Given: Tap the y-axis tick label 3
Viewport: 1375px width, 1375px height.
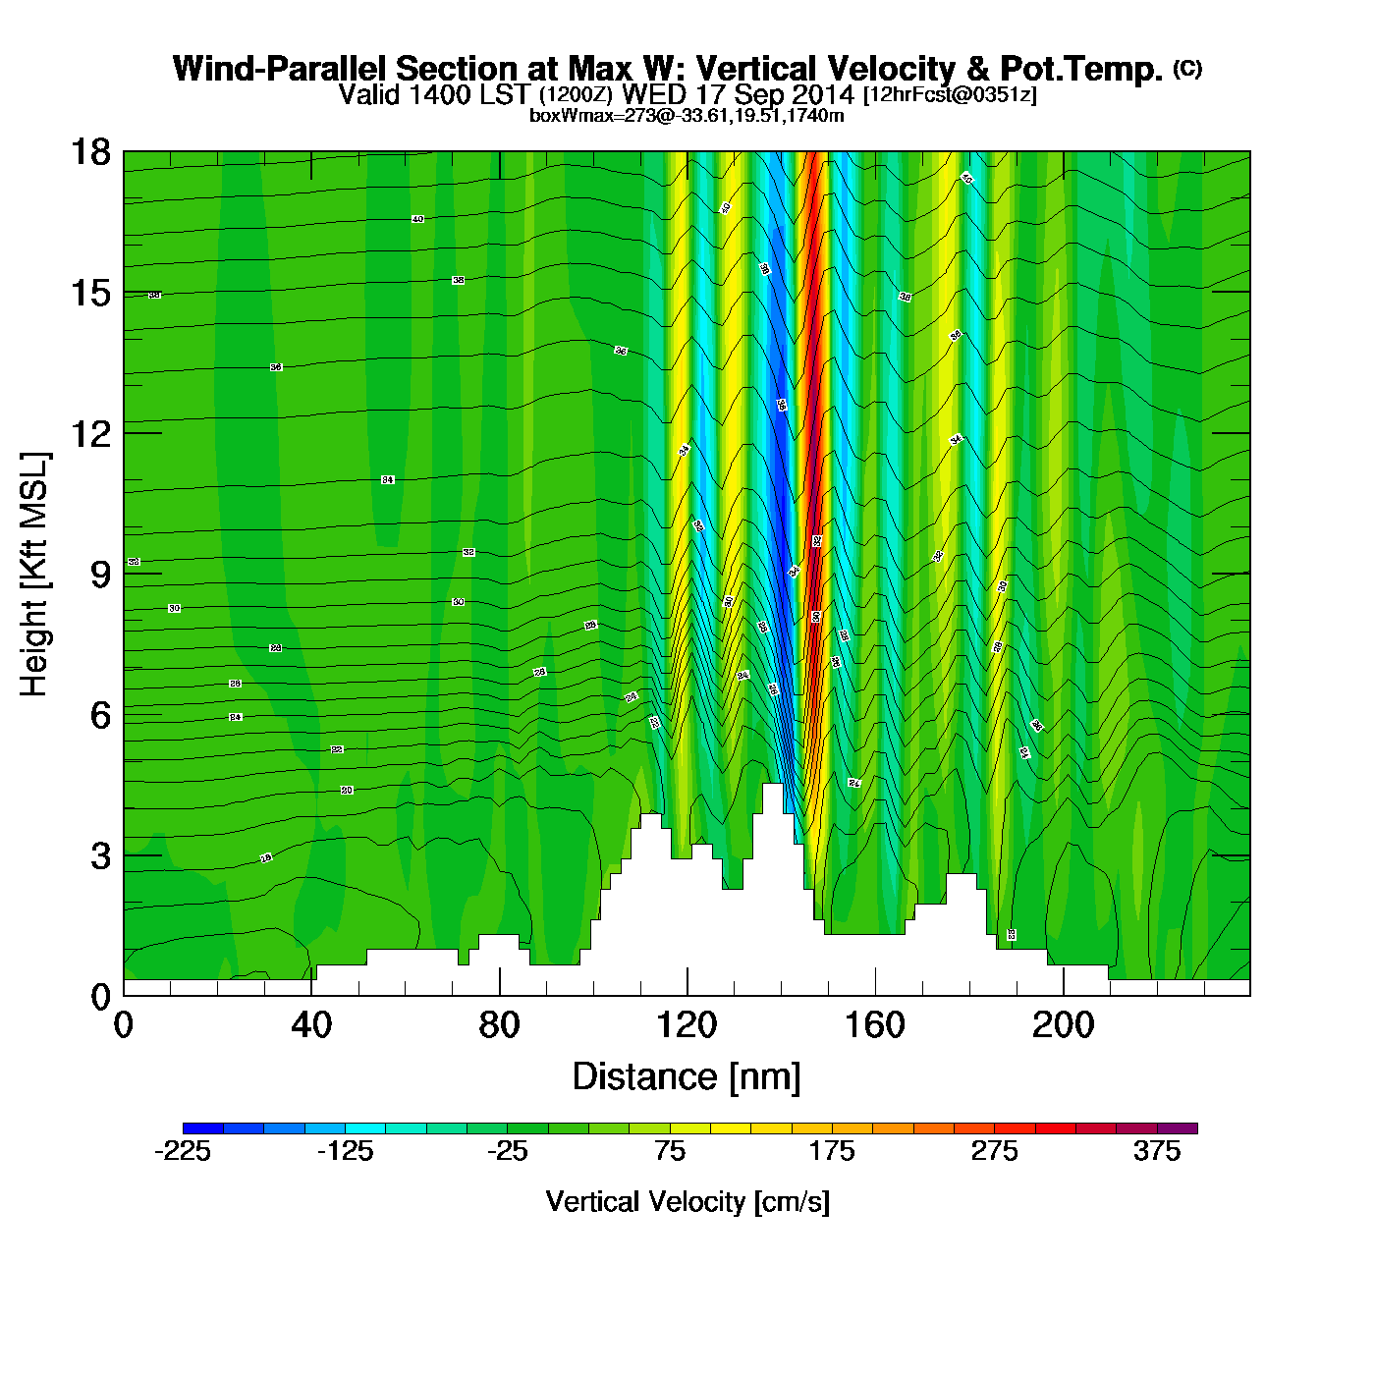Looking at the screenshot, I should [100, 855].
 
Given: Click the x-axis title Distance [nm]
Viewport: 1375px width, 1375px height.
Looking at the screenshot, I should [687, 1077].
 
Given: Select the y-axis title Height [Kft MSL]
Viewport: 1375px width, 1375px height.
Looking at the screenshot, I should [34, 575].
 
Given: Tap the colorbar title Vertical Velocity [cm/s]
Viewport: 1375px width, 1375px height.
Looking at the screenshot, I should [687, 1202].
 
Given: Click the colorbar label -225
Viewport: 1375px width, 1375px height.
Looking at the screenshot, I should [183, 1152].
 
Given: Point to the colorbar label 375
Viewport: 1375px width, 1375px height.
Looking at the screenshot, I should [1157, 1152].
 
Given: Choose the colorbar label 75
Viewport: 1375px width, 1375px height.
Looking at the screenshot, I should [670, 1152].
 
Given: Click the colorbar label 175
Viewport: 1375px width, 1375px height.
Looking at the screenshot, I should [832, 1152].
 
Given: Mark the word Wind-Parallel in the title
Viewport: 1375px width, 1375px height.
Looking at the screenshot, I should [281, 69].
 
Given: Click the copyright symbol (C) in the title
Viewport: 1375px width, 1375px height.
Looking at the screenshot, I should [1187, 68].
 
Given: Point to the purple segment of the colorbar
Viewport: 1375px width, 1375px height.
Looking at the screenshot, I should [1178, 1128].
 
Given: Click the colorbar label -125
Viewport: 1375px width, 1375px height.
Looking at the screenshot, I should [345, 1152].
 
